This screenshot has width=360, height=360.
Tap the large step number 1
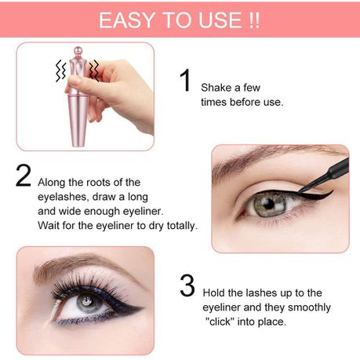(186, 80)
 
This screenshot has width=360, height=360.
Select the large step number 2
(24, 175)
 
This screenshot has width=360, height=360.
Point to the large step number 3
(187, 285)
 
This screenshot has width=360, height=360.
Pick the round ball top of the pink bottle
(78, 50)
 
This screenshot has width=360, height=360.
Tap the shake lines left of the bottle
(61, 71)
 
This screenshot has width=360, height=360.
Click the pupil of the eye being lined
(268, 204)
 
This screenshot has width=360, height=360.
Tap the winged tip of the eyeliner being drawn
(332, 191)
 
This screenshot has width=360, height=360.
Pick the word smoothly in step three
(309, 307)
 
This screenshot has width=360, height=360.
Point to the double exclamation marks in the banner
(253, 20)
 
